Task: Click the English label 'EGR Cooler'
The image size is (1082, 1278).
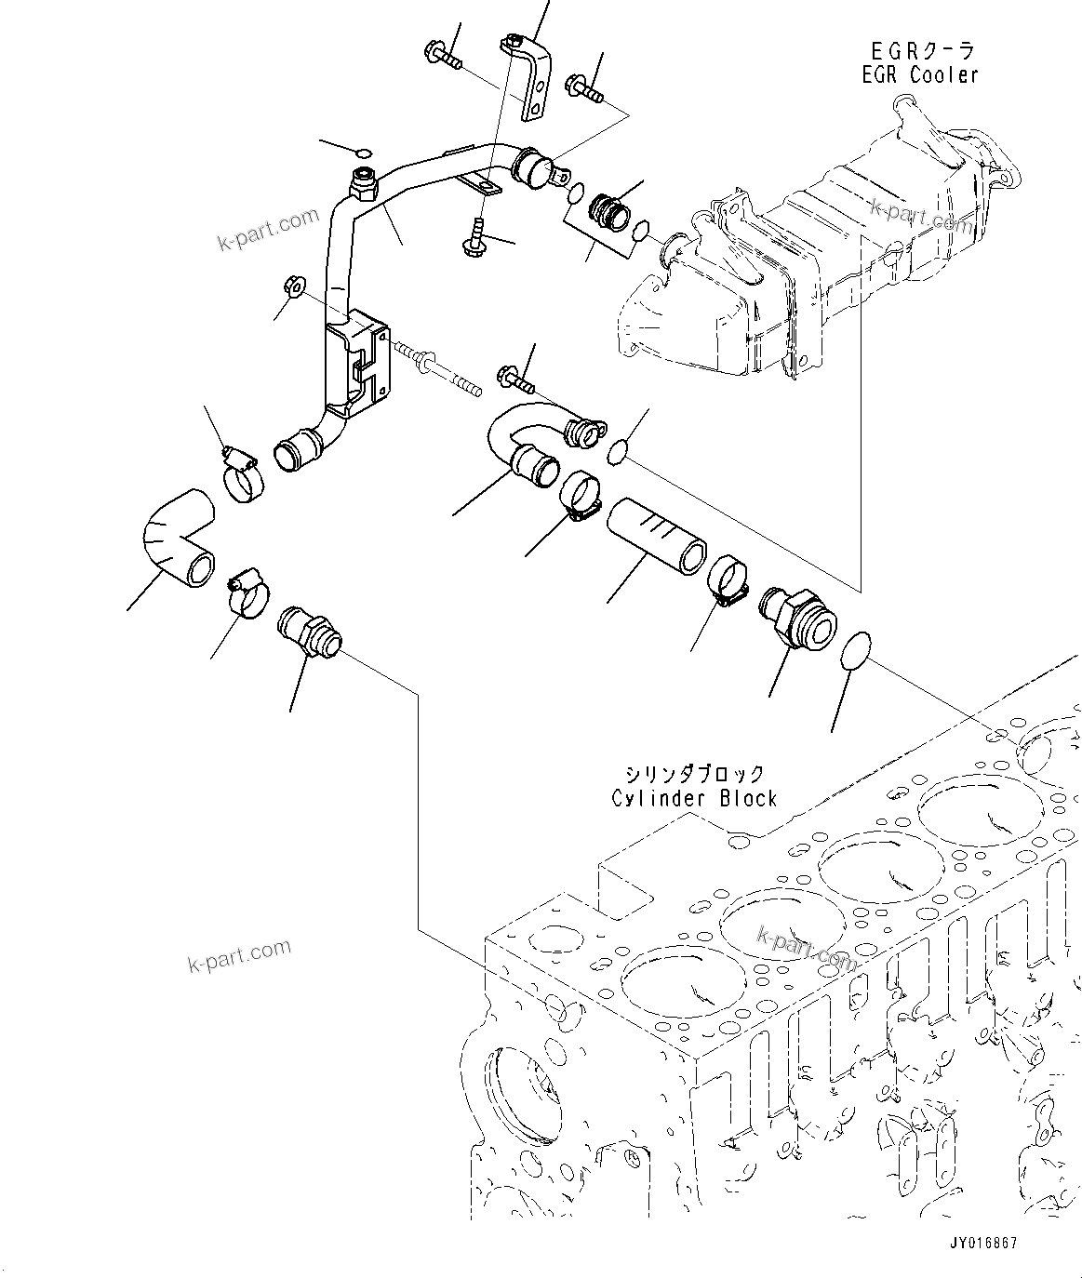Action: (919, 74)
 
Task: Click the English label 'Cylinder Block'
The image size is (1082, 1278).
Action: (694, 797)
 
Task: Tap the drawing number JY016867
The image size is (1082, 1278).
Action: (983, 1243)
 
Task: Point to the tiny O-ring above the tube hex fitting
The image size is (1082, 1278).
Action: (364, 153)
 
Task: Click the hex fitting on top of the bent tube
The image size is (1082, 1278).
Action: (362, 185)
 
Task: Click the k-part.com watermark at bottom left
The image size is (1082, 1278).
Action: (239, 954)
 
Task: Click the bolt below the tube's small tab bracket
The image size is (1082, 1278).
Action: (475, 238)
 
